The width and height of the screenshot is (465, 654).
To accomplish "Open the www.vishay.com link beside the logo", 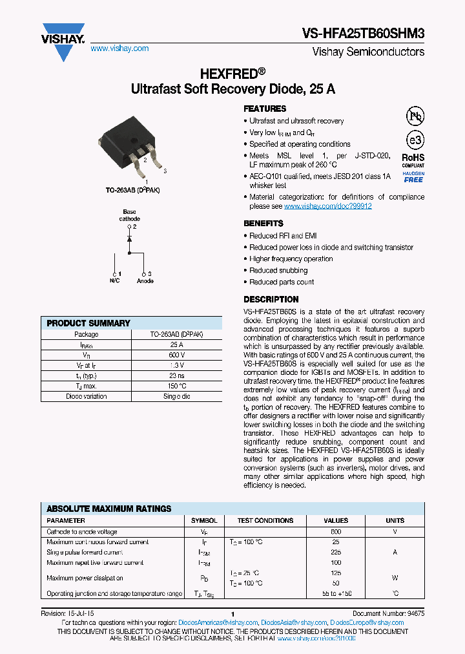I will (119, 48).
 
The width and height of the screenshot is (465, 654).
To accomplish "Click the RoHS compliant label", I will (413, 160).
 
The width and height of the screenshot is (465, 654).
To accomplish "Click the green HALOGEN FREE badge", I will (413, 176).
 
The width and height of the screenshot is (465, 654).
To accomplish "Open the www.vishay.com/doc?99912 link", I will (327, 206).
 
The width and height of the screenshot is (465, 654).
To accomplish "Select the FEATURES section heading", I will (265, 109).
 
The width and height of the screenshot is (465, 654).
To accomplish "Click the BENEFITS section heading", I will (263, 224).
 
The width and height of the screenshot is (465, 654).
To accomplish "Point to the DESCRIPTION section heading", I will (271, 300).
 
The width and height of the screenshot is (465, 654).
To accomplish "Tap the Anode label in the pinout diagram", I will (145, 281).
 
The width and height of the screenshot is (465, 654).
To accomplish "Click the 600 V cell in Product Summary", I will (177, 355).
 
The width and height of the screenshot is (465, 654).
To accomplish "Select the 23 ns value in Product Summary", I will (177, 376).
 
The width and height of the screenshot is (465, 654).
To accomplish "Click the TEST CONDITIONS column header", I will (265, 520).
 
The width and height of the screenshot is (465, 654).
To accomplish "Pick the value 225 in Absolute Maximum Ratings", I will (336, 553).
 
